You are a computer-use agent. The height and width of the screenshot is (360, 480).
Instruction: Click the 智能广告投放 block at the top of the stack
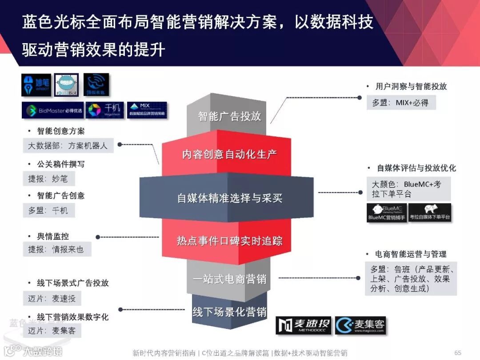pyautogui.click(x=229, y=116)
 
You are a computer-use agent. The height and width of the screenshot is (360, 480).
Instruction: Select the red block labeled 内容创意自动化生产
pyautogui.click(x=229, y=154)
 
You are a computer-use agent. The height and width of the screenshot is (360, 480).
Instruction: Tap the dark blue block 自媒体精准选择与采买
pyautogui.click(x=229, y=198)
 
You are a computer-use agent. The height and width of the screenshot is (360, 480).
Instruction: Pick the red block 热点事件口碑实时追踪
pyautogui.click(x=229, y=241)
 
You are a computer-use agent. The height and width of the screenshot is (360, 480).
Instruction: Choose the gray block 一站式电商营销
pyautogui.click(x=229, y=279)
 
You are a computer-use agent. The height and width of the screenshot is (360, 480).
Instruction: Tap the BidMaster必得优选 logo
pyautogui.click(x=50, y=110)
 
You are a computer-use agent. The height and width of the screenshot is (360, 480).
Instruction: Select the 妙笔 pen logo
pyautogui.click(x=37, y=85)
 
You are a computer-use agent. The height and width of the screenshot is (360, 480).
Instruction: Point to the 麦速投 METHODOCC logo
pyautogui.click(x=304, y=325)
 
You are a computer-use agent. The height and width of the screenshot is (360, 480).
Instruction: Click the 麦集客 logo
pyautogui.click(x=360, y=325)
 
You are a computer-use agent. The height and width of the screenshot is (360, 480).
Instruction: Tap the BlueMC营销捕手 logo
pyautogui.click(x=386, y=213)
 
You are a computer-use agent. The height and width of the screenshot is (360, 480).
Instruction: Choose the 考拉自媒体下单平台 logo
pyautogui.click(x=429, y=213)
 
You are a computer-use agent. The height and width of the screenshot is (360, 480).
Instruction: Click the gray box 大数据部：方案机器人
pyautogui.click(x=68, y=145)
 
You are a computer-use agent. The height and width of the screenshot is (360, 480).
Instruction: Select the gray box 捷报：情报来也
pyautogui.click(x=56, y=249)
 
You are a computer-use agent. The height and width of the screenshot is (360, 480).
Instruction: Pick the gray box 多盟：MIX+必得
pyautogui.click(x=400, y=103)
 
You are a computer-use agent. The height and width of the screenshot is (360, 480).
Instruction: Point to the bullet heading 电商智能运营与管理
pyautogui.click(x=411, y=254)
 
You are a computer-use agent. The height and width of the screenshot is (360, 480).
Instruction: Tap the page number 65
pyautogui.click(x=457, y=352)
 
